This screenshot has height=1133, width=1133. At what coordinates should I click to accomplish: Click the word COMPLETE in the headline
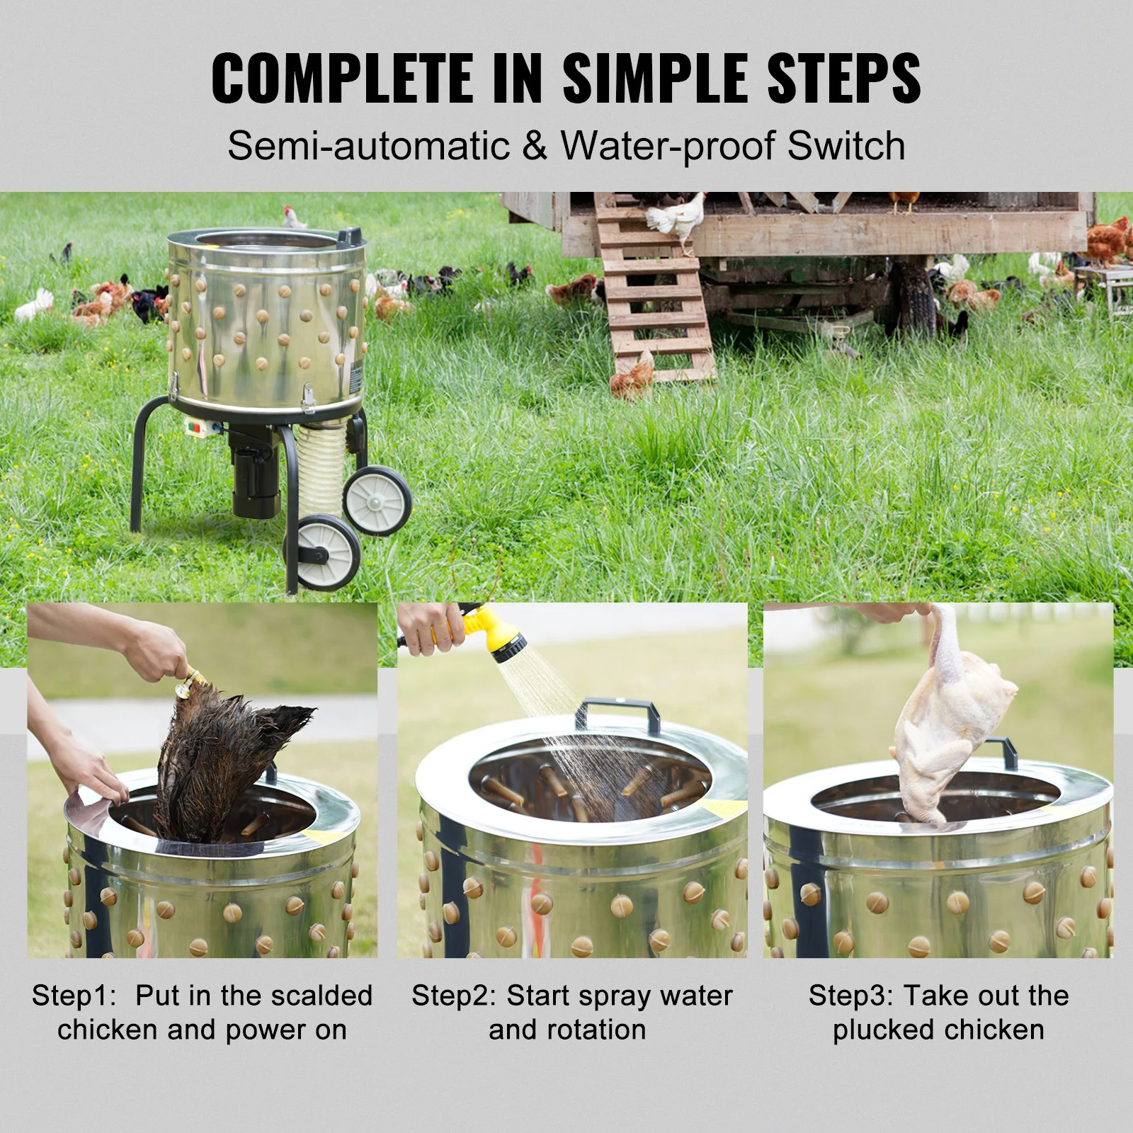(342, 78)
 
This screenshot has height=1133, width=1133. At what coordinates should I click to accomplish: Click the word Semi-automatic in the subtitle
(368, 146)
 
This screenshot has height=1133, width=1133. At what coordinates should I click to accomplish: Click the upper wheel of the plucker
(377, 501)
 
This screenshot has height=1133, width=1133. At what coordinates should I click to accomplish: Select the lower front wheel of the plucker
(324, 553)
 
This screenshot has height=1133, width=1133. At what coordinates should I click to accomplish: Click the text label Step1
(73, 996)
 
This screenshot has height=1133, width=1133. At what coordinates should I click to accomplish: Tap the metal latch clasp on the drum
(308, 398)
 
